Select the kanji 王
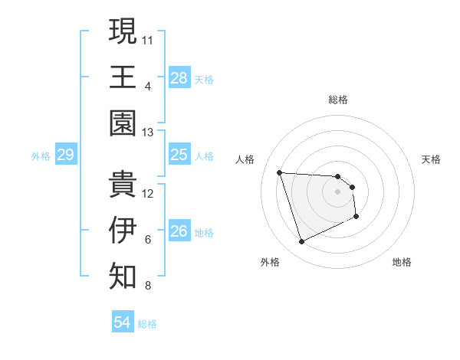(x=123, y=77)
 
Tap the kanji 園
(x=123, y=123)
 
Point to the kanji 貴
(x=123, y=184)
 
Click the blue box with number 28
(x=179, y=77)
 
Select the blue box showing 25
(x=179, y=155)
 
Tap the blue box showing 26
(x=179, y=231)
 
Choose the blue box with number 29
(x=65, y=155)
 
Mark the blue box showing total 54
(x=122, y=322)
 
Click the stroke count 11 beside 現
(x=148, y=38)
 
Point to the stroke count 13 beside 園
(x=148, y=133)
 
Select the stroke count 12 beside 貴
(x=148, y=193)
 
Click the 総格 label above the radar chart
(x=338, y=100)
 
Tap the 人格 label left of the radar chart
(x=246, y=159)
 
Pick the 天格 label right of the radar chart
(x=431, y=159)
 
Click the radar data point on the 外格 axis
(x=301, y=242)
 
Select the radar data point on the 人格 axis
(x=279, y=172)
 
